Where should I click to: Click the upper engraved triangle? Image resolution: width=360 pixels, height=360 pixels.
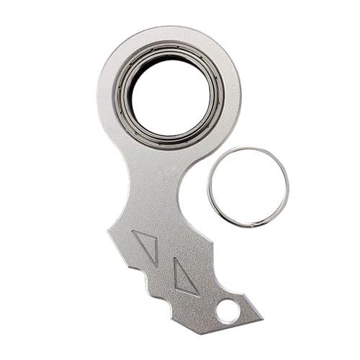pyautogui.click(x=147, y=244)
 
